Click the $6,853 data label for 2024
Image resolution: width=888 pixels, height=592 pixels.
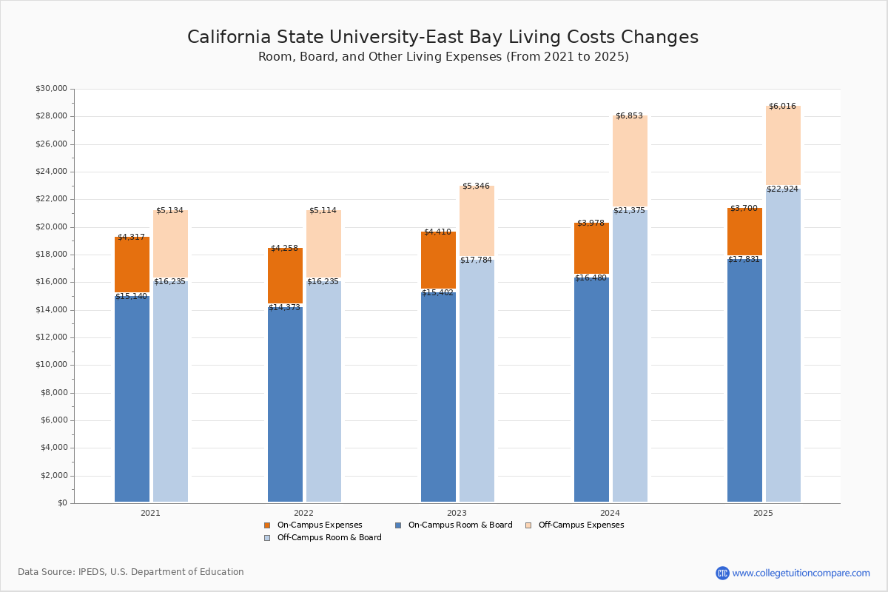[629, 116]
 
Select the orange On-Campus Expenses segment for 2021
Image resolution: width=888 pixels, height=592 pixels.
[132, 264]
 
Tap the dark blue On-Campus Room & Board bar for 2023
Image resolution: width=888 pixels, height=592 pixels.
[438, 397]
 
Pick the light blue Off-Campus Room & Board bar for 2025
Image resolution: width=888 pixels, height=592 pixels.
[783, 345]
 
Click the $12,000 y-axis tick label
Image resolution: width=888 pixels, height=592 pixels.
[51, 337]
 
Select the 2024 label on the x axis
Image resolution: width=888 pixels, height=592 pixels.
[610, 513]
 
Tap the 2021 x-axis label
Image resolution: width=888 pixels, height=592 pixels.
[150, 513]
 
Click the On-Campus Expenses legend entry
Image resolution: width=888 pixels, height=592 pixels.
[319, 525]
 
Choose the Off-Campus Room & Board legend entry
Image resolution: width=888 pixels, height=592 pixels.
[329, 538]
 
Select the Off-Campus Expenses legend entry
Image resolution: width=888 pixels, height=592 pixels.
[580, 525]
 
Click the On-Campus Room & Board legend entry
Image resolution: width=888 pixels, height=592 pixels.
[460, 525]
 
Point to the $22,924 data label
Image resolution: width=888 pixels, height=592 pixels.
[782, 189]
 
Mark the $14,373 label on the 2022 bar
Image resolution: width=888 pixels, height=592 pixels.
[284, 308]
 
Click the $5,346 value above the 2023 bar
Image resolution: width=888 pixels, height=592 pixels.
[476, 186]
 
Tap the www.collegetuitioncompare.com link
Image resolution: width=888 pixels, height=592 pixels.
[801, 573]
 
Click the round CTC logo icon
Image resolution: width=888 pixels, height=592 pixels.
[722, 573]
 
